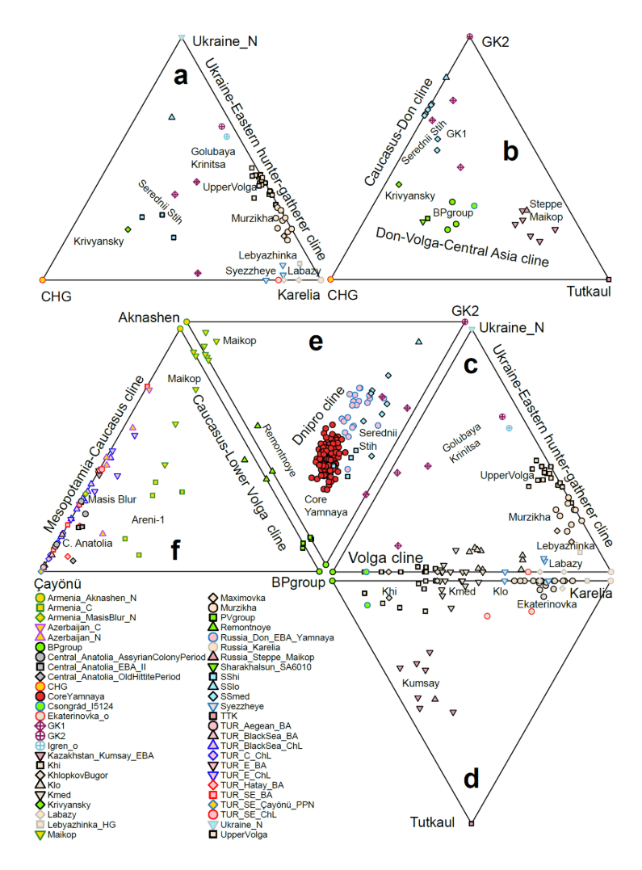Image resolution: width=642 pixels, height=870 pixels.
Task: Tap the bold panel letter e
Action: pyautogui.click(x=315, y=342)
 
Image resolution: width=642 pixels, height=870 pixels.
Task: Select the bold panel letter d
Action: pyautogui.click(x=472, y=780)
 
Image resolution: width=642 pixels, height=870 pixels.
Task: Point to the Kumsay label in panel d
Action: pyautogui.click(x=421, y=683)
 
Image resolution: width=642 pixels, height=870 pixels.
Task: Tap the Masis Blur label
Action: pyautogui.click(x=112, y=499)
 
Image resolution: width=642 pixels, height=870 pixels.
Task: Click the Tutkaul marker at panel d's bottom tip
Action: pyautogui.click(x=472, y=823)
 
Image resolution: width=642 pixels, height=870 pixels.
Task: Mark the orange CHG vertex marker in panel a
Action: pyautogui.click(x=42, y=279)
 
